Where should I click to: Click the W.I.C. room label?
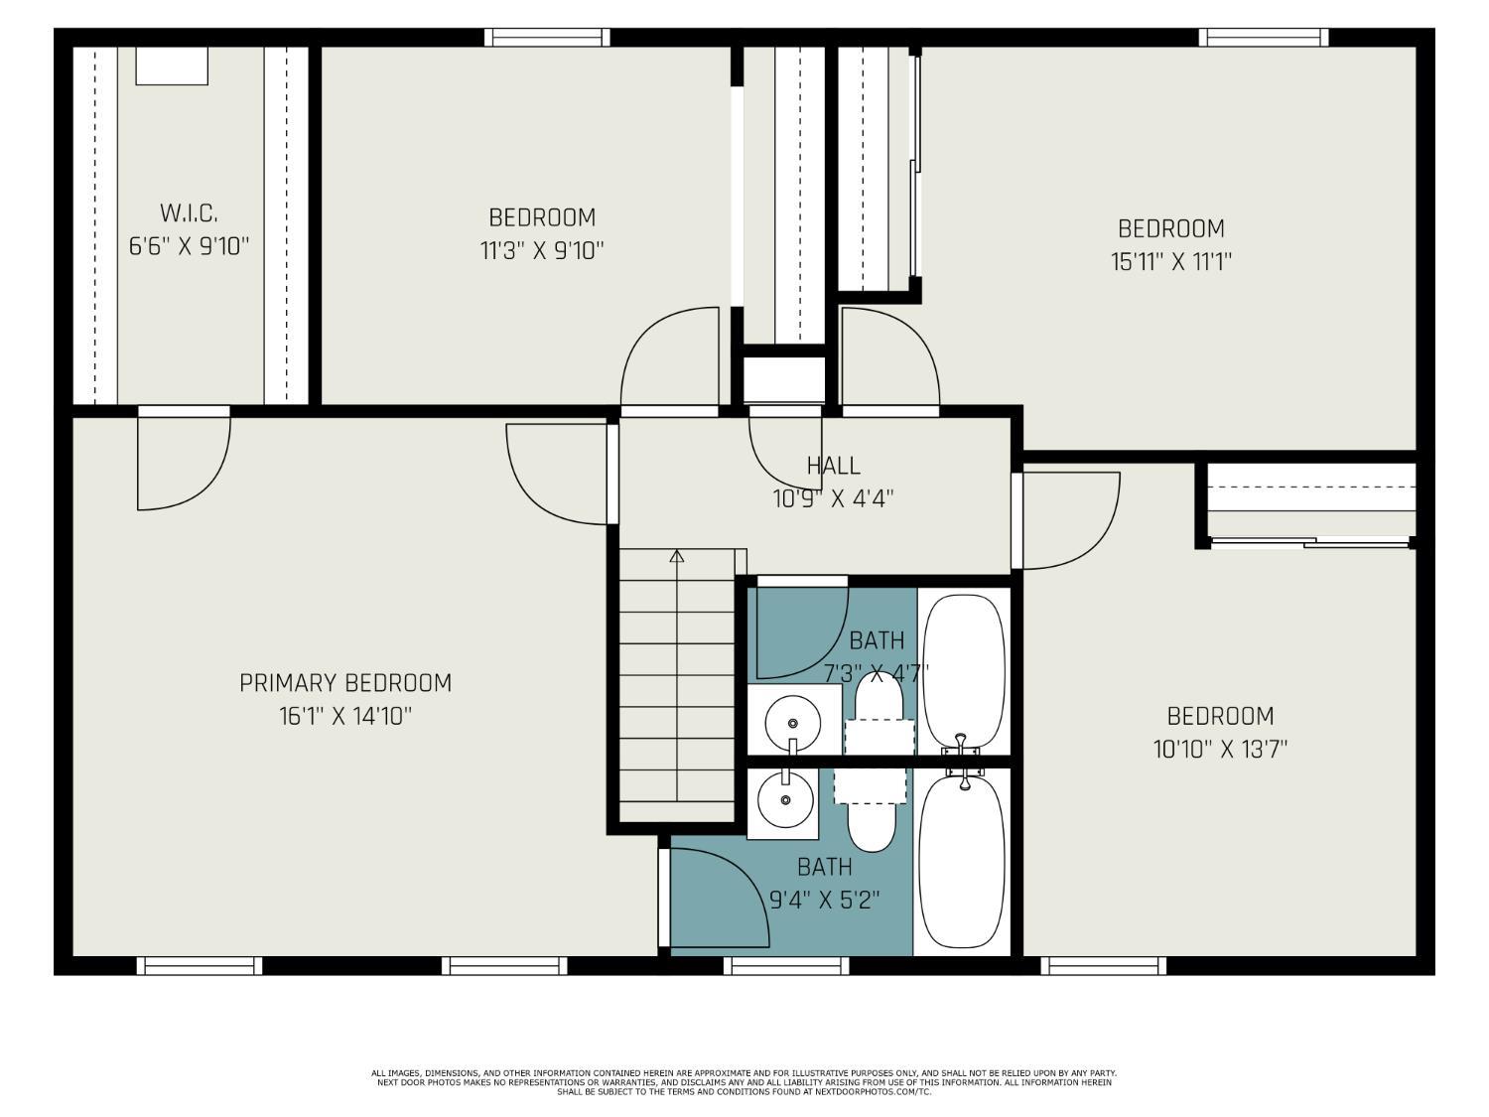189,212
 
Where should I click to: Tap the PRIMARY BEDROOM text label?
345,683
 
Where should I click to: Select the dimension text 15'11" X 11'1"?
1171,261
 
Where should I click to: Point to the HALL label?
833,465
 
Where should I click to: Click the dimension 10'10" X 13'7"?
1220,749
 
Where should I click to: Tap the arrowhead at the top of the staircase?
677,556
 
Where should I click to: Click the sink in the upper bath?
792,717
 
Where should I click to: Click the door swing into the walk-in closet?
184,462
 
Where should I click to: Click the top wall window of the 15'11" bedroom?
1263,38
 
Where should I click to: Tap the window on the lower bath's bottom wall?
786,965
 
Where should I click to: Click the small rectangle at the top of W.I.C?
172,66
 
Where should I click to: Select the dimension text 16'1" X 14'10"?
345,716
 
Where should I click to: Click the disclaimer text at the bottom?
744,1082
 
